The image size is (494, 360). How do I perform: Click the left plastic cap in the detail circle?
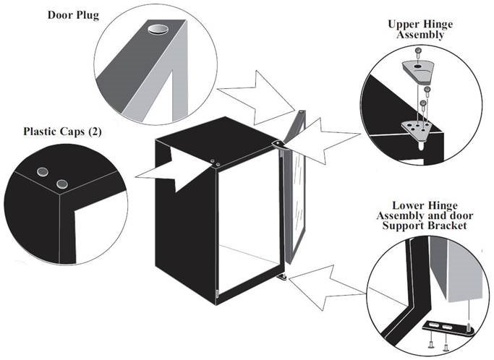44,171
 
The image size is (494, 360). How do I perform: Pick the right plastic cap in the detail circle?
61,182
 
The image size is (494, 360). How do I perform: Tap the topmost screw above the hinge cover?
420,50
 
